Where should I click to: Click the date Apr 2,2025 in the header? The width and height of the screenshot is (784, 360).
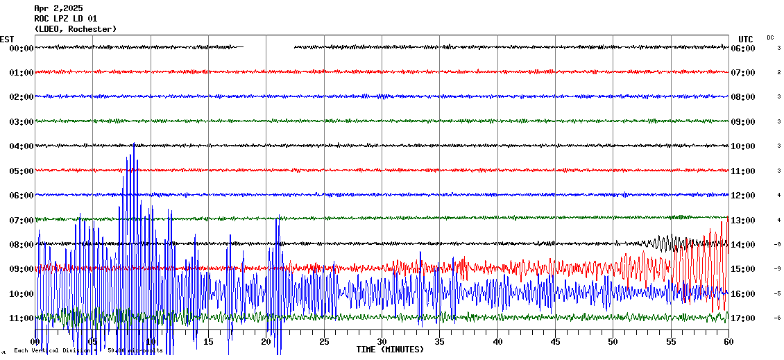[58, 8]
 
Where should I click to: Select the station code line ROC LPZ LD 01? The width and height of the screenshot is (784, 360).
[66, 19]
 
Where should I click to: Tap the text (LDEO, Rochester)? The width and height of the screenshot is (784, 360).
[76, 29]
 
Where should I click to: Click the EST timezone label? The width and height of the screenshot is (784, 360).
[7, 40]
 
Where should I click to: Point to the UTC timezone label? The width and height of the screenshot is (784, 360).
[746, 40]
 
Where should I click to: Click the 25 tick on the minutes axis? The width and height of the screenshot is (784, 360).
[324, 342]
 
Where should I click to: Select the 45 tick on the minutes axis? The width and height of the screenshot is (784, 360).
[555, 342]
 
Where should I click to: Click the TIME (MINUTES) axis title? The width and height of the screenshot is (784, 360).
[390, 350]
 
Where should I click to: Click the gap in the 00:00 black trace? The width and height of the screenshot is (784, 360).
[269, 47]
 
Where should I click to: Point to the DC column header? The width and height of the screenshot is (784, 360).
[770, 37]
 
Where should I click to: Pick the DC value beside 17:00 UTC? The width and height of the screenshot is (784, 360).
[778, 318]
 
